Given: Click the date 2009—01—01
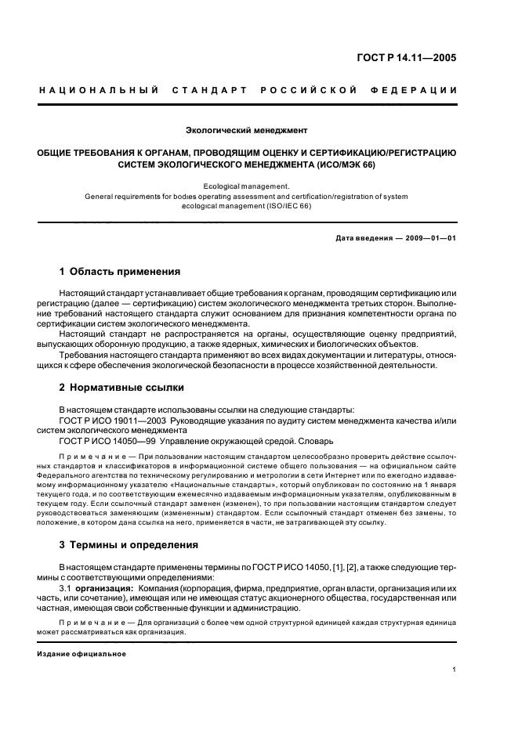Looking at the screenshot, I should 429,238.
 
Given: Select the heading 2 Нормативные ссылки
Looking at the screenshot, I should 119,387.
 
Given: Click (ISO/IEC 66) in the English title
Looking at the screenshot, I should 289,207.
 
